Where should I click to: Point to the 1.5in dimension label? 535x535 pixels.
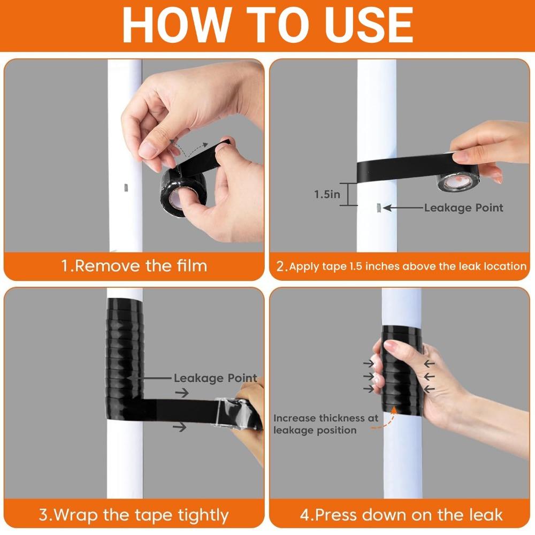click(327, 195)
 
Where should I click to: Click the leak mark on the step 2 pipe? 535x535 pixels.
click(378, 208)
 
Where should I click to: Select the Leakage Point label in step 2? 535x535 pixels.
click(464, 208)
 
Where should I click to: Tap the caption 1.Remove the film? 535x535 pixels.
click(134, 266)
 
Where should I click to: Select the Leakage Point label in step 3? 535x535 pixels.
click(215, 378)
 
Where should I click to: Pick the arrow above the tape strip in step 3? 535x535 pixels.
click(182, 393)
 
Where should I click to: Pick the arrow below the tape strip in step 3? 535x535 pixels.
click(179, 427)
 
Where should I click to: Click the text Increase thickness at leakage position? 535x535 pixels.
click(326, 424)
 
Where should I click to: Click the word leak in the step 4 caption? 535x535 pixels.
click(487, 515)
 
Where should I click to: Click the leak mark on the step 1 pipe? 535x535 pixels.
click(125, 187)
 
